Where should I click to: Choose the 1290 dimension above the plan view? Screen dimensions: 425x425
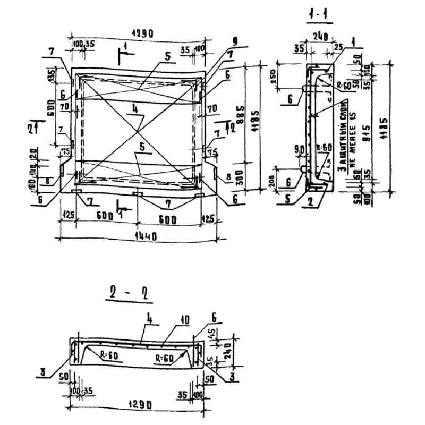[140, 33]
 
